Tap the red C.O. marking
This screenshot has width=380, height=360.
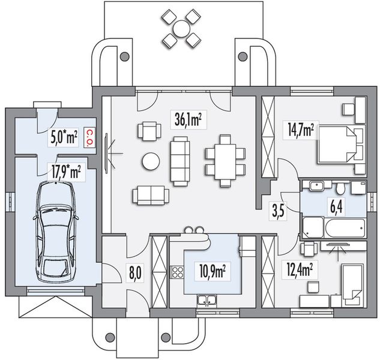tap(89, 137)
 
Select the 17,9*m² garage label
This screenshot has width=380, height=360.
tap(65, 172)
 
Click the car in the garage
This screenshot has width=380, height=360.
tap(56, 233)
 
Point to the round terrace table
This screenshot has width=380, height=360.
tap(181, 29)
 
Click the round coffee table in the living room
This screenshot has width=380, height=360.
tap(151, 161)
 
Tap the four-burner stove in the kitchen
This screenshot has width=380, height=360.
tap(178, 272)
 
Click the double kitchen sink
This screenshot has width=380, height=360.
tap(207, 301)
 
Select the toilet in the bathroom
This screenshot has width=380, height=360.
tap(340, 188)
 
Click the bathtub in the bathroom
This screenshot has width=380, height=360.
tap(345, 228)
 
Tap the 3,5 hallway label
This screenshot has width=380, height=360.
tap(278, 211)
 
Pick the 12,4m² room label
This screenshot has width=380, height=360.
tap(299, 270)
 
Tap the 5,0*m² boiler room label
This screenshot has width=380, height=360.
tap(64, 138)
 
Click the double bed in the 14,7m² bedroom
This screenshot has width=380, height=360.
tap(337, 144)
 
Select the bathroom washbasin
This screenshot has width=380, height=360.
tap(316, 186)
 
